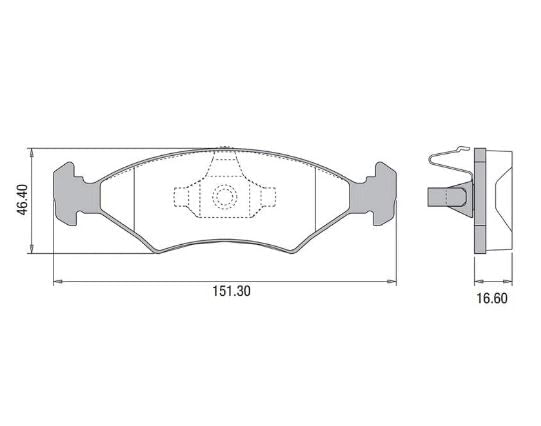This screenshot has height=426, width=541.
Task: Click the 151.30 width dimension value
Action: click(231, 291)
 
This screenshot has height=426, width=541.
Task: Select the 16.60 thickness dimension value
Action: click(492, 299)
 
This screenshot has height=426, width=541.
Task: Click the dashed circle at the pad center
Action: click(225, 197)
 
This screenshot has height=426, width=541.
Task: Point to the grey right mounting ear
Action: click(374, 194)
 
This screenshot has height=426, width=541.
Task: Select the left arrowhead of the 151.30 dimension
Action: click(58, 282)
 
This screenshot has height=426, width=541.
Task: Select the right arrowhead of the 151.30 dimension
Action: click(392, 282)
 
